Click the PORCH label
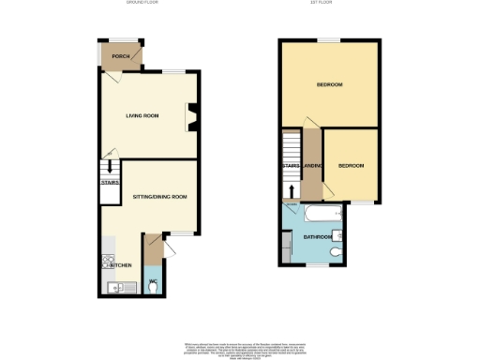[120, 56]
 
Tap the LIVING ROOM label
[143, 116]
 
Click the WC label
[152, 281]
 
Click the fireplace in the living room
[192, 116]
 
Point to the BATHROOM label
[317, 237]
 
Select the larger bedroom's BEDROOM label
[329, 85]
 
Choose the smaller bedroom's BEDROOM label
[351, 166]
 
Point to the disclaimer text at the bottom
[240, 346]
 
